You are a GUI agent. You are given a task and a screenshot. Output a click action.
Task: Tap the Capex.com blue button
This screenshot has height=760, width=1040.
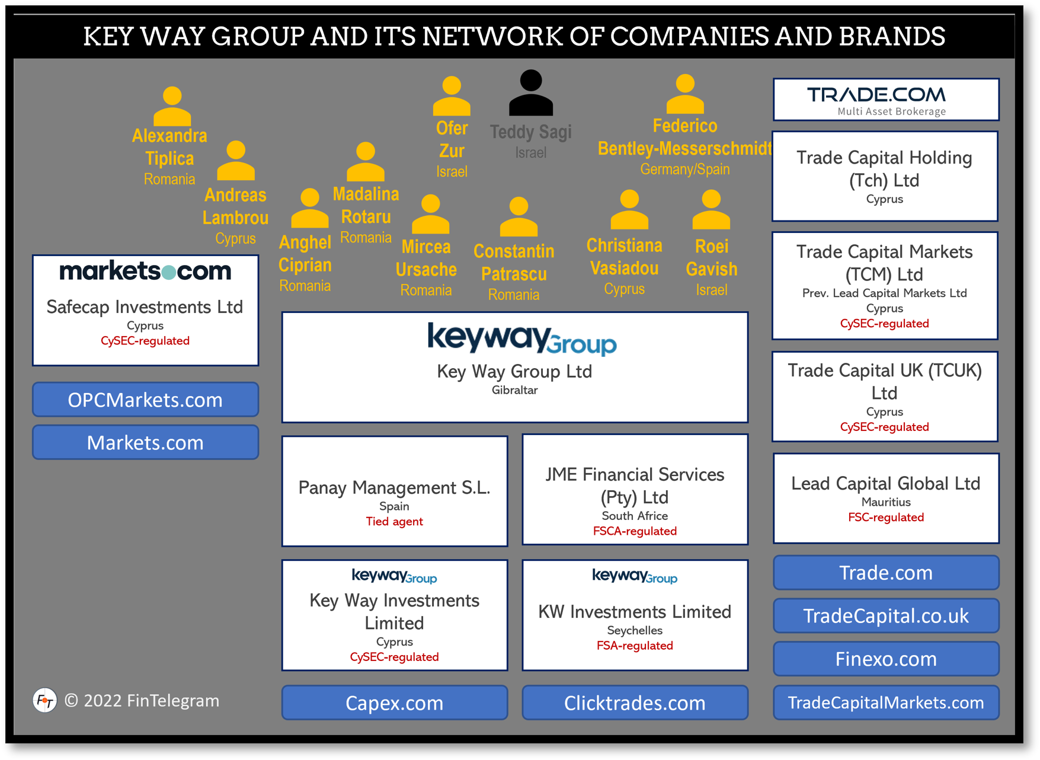coord(394,702)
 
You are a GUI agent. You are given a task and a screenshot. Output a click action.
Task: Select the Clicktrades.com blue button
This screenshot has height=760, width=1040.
coord(635,702)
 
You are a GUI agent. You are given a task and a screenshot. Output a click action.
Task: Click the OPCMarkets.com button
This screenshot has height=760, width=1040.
coord(145,400)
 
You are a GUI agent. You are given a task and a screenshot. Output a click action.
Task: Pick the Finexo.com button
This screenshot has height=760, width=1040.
coord(886,659)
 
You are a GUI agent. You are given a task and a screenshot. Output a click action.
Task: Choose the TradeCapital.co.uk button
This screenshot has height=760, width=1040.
coord(886,615)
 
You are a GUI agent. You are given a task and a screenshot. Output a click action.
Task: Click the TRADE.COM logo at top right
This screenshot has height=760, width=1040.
coord(876,95)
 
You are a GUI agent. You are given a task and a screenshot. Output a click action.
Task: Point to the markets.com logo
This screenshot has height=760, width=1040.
coord(145,271)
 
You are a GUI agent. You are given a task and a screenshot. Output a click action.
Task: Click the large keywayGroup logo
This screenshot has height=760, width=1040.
coord(521,339)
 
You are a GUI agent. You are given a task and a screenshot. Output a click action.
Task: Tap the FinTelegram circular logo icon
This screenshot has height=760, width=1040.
coord(44,701)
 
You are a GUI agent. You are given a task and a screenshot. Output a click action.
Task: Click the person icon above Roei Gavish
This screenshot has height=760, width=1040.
coord(711,210)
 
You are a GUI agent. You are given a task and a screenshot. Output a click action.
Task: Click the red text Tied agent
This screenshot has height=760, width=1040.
coord(394,522)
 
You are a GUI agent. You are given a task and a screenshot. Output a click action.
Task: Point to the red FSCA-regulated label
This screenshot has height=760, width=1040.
coord(635,531)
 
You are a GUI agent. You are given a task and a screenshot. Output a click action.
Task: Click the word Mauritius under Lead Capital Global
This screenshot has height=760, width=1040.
coord(886,502)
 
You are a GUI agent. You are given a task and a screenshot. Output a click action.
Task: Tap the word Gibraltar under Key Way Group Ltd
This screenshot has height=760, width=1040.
coord(514,390)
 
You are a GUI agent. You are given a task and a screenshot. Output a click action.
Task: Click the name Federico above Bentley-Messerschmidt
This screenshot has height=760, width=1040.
coord(684,126)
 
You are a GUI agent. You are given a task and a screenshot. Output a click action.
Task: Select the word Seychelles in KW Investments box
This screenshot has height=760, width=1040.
coord(635,630)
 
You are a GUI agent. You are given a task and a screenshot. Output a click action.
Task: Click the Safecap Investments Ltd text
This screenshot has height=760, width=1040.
coord(145,306)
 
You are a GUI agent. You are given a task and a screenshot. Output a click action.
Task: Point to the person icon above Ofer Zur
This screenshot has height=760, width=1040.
coord(452,95)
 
